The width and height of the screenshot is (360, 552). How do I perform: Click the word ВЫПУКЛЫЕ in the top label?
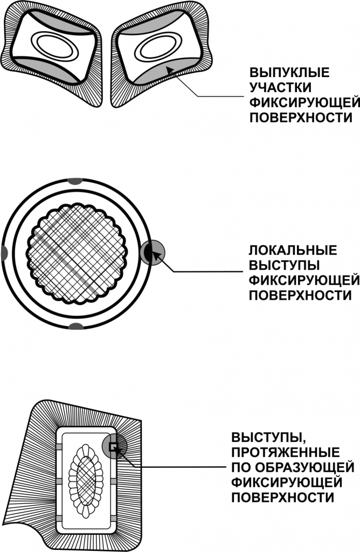coord(289,72)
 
